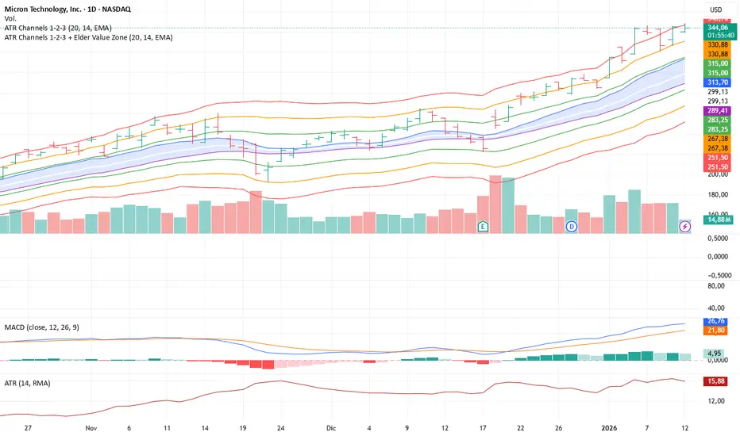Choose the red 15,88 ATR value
point(718,381)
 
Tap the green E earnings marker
point(483,227)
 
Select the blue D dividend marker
point(571,227)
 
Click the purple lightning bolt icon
point(685,227)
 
